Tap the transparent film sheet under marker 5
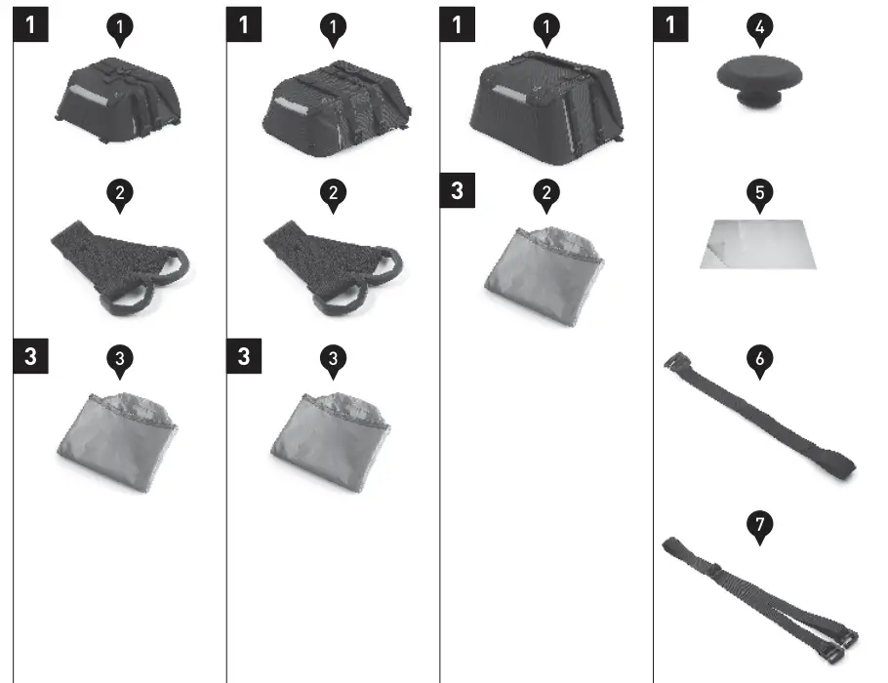(757, 244)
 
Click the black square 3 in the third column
(457, 190)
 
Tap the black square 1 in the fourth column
(669, 25)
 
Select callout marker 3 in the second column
(333, 358)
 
